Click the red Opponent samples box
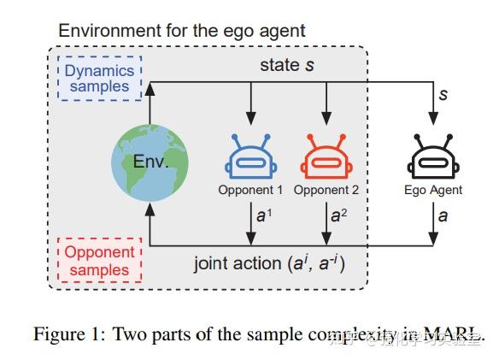coord(100,261)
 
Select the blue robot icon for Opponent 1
coord(249,157)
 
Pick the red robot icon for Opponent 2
coord(325,157)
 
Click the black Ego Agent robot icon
coord(433,157)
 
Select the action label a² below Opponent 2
coord(336,217)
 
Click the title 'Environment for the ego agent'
coord(181,32)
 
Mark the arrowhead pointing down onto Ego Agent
coord(433,123)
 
